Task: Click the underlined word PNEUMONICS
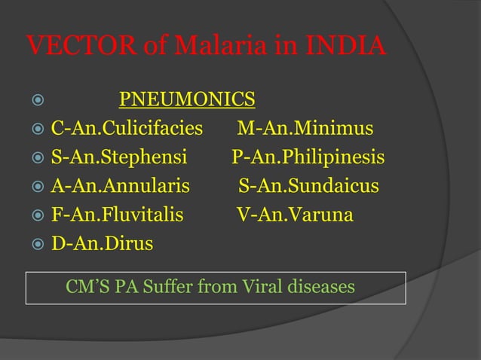[x=187, y=99]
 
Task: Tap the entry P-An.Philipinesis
[x=308, y=158]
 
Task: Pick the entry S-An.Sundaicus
[x=309, y=187]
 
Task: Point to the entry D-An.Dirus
[x=102, y=244]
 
